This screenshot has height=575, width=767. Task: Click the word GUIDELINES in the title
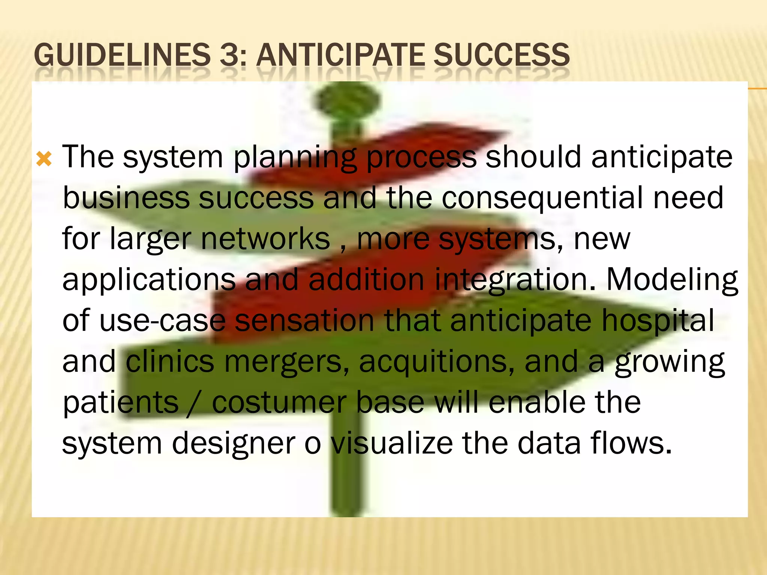[122, 55]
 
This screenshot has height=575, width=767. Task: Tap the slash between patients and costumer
[195, 403]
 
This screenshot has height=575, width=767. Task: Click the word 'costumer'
[279, 403]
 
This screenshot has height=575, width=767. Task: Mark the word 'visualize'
[392, 443]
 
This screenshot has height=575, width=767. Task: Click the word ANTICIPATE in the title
[340, 55]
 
